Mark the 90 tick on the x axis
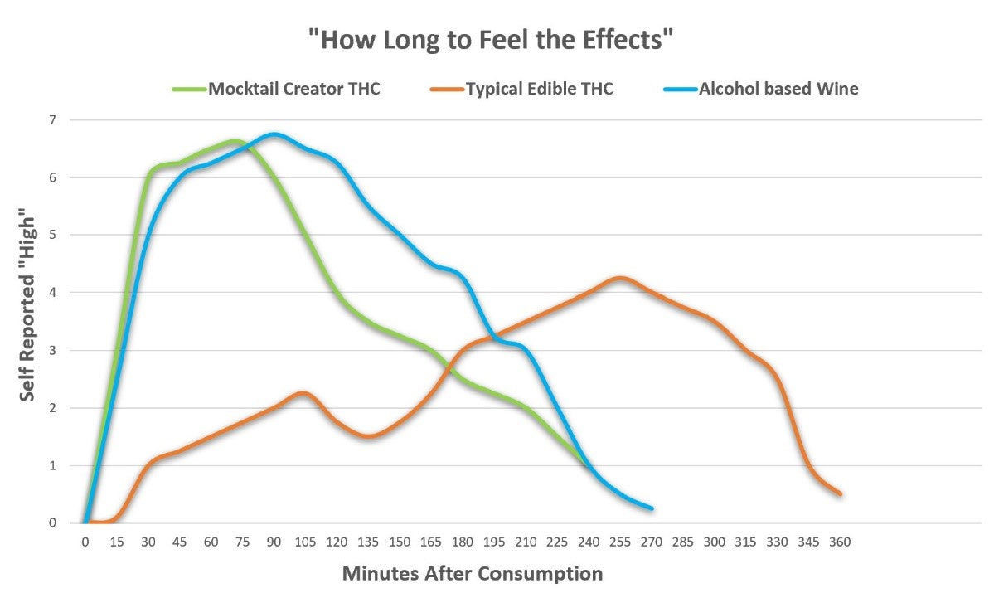tap(274, 542)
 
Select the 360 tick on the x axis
tap(840, 542)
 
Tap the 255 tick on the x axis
tap(619, 542)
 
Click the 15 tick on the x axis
tap(116, 542)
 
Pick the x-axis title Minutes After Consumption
tap(472, 573)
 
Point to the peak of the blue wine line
tap(274, 134)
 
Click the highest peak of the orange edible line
tap(619, 278)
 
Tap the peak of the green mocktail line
tap(234, 141)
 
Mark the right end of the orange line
tap(840, 494)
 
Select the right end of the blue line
tap(652, 508)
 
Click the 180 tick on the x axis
tap(462, 542)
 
